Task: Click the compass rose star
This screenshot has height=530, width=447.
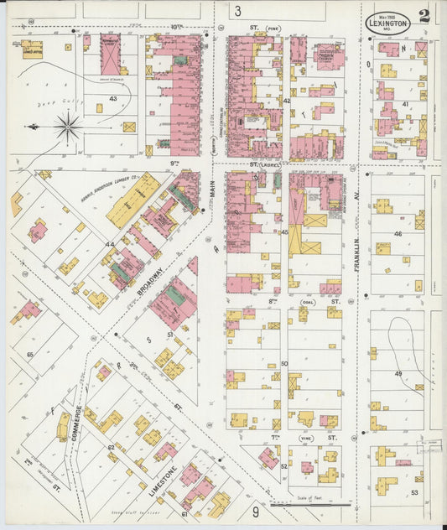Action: tap(68, 127)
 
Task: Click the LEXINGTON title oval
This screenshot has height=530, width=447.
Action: tap(387, 23)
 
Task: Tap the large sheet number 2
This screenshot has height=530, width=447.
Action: tap(426, 16)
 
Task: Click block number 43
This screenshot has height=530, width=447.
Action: tap(113, 99)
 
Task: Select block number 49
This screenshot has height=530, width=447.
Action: tap(398, 373)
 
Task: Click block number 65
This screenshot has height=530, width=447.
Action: tap(30, 356)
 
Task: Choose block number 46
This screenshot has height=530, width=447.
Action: tap(398, 234)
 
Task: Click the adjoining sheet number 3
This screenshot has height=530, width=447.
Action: tap(238, 11)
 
